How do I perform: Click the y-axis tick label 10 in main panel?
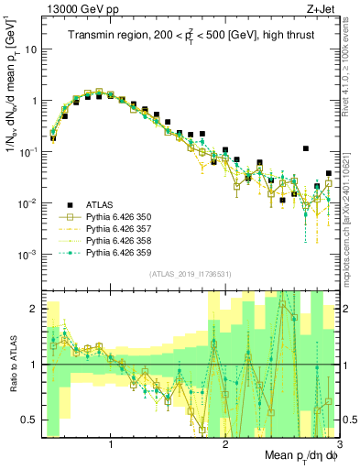tap(29, 50)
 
